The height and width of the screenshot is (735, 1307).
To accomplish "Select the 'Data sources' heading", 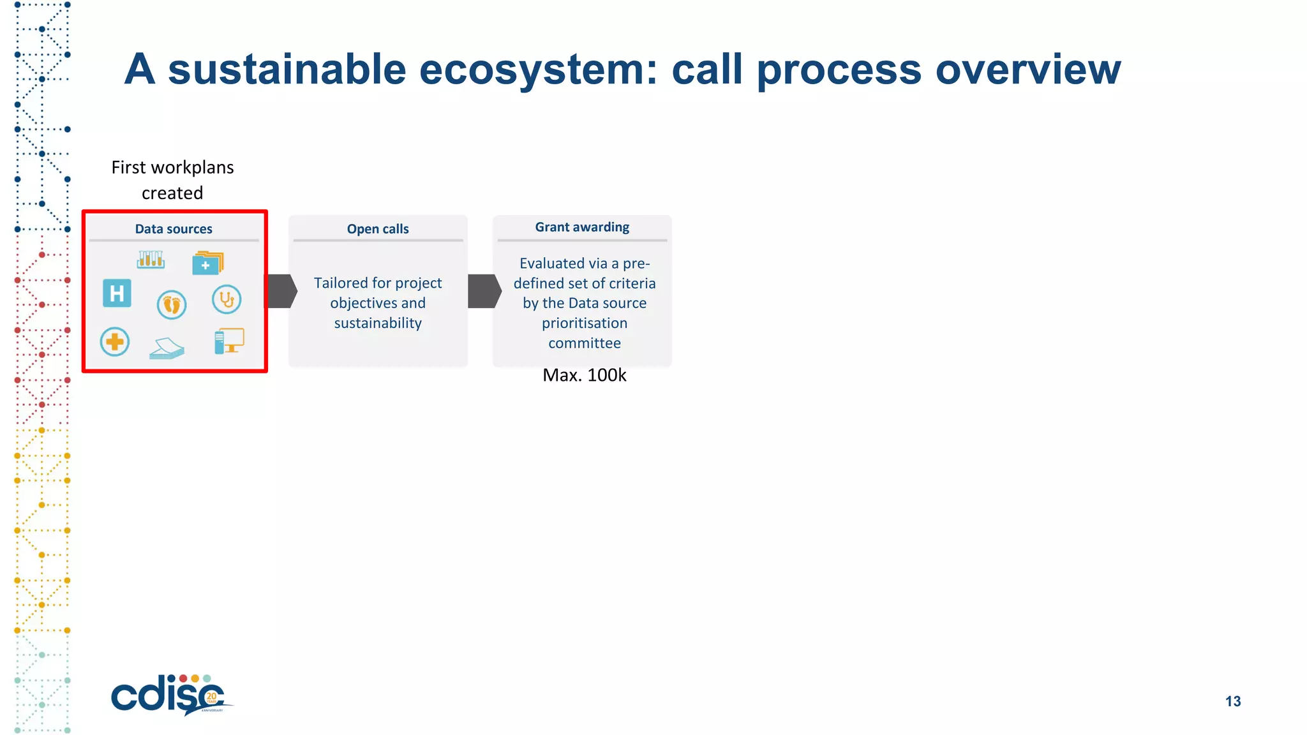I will tap(174, 229).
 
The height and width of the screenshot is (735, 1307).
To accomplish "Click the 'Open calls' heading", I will tap(378, 229).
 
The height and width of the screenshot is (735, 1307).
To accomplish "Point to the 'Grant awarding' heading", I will tap(582, 227).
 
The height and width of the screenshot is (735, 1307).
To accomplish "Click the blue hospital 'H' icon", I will tap(117, 293).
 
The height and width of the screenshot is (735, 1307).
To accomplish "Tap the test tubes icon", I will tap(151, 259).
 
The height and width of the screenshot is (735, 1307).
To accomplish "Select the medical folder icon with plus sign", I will tap(207, 263).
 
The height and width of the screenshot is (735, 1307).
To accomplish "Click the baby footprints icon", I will tap(172, 304).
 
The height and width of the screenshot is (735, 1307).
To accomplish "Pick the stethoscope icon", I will tap(227, 299).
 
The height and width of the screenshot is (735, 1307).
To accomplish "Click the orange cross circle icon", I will tap(115, 342).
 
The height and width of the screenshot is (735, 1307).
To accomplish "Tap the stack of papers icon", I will tap(167, 348).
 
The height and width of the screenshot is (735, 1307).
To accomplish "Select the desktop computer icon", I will tap(229, 341).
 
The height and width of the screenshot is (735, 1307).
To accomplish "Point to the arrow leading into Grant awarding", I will tap(484, 292).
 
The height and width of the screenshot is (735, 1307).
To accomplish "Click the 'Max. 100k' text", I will tap(584, 375).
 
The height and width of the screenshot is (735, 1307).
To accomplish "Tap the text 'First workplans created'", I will tap(172, 180).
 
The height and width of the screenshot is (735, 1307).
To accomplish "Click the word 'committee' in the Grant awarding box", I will tap(584, 343).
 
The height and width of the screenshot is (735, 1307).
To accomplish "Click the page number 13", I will tap(1233, 701).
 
